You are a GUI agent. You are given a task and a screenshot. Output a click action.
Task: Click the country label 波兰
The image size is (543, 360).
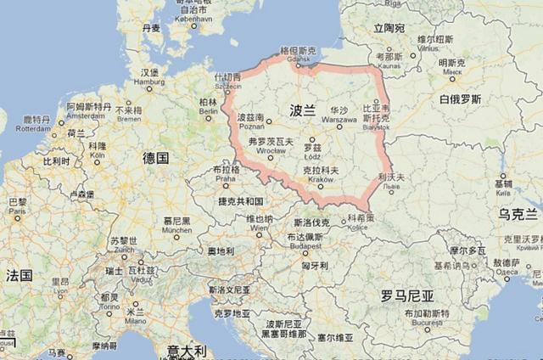pyautogui.click(x=302, y=110)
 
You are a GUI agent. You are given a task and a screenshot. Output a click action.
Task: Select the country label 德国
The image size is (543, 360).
pyautogui.click(x=156, y=158)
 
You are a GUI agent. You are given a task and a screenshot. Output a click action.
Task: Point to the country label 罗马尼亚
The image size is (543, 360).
pyautogui.click(x=407, y=296)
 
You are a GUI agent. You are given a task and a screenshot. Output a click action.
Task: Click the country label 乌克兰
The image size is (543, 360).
pyautogui.click(x=518, y=213)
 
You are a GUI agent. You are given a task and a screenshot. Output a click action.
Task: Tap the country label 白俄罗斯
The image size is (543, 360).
pyautogui.click(x=461, y=99)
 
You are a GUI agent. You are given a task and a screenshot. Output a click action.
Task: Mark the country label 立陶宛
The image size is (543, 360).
pyautogui.click(x=389, y=28)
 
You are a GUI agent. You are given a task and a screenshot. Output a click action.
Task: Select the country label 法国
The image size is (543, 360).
pyautogui.click(x=19, y=275)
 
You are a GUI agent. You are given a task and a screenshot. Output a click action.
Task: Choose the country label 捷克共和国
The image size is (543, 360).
pyautogui.click(x=240, y=201)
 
